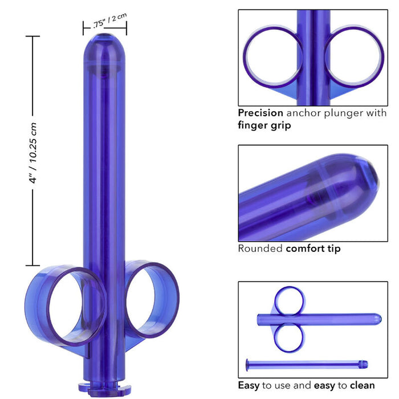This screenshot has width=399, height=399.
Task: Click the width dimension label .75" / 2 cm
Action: coord(108,23)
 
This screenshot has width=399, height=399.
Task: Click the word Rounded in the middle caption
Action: coord(260,249)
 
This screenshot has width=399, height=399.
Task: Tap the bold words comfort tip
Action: coord(313,249)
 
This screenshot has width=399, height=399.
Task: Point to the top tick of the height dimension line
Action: coord(32,36)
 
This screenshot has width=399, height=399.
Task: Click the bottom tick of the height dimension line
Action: coord(32,266)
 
